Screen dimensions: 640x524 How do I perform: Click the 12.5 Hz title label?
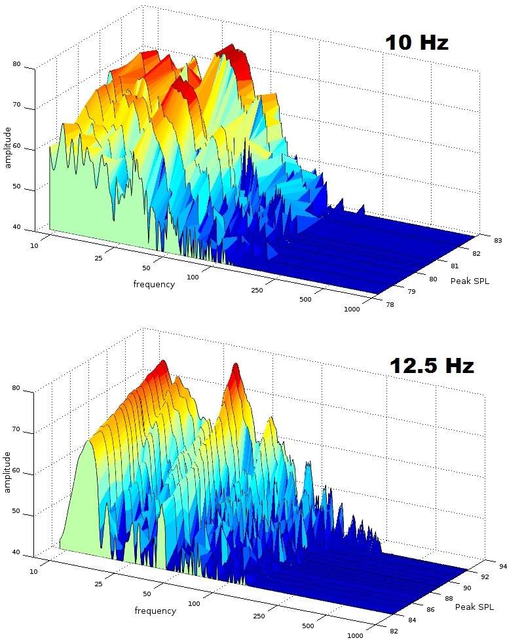(x=431, y=366)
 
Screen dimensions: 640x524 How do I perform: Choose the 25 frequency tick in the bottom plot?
(x=100, y=582)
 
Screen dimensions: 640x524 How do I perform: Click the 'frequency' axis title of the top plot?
(x=154, y=284)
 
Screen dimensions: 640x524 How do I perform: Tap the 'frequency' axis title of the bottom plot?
(x=155, y=611)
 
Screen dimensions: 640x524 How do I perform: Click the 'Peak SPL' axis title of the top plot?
(x=470, y=281)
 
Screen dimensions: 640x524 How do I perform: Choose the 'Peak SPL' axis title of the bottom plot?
(x=475, y=607)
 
